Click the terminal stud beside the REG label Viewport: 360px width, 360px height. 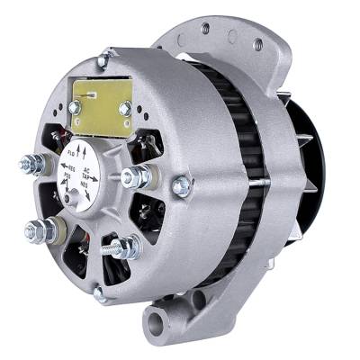coord(32,164)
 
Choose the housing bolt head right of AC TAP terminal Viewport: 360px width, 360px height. coord(181,186)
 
